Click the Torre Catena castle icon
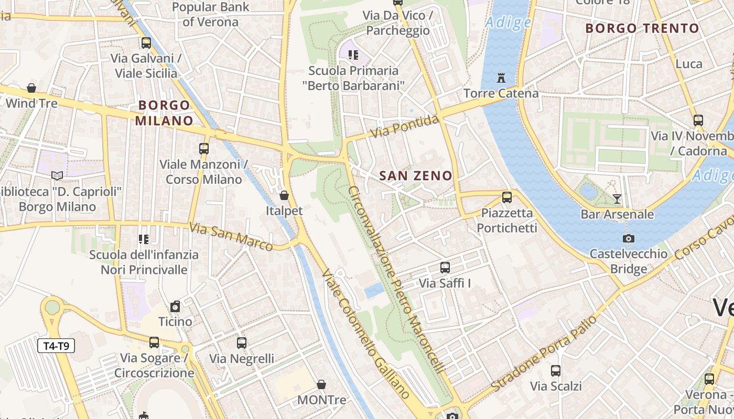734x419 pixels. [501, 79]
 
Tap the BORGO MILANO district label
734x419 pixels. [164, 113]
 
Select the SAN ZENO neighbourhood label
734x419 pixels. [416, 176]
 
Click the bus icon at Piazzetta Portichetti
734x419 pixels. [506, 197]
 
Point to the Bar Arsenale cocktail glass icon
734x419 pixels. [617, 199]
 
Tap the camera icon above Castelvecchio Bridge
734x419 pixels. [628, 238]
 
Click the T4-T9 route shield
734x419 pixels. [56, 346]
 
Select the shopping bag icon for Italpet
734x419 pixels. [284, 195]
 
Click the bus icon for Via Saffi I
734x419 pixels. [445, 268]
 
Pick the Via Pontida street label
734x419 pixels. [405, 127]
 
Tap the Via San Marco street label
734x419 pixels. [231, 237]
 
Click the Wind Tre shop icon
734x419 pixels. [31, 87]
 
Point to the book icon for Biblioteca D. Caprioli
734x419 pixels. [57, 176]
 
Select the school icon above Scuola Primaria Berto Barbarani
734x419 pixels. [353, 54]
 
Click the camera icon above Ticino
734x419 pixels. [175, 306]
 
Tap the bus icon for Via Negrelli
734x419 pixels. [241, 343]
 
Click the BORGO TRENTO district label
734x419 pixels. [642, 28]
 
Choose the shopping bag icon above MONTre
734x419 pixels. [321, 384]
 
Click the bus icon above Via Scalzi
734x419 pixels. [556, 371]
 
